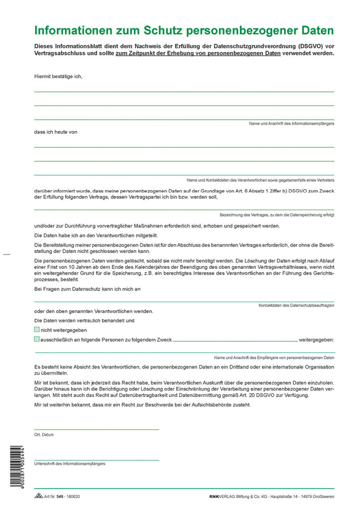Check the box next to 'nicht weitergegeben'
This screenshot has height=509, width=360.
click(x=37, y=330)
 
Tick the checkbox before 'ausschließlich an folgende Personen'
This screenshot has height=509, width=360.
click(x=37, y=339)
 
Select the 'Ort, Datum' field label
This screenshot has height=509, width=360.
click(x=44, y=434)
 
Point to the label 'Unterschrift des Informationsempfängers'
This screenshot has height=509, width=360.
click(x=70, y=463)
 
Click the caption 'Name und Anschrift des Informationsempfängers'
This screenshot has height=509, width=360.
click(x=291, y=124)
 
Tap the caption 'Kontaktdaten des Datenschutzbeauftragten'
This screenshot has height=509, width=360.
click(x=296, y=305)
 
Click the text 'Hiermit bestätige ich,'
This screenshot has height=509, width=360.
click(x=58, y=76)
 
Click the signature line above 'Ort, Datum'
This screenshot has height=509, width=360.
click(x=97, y=429)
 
